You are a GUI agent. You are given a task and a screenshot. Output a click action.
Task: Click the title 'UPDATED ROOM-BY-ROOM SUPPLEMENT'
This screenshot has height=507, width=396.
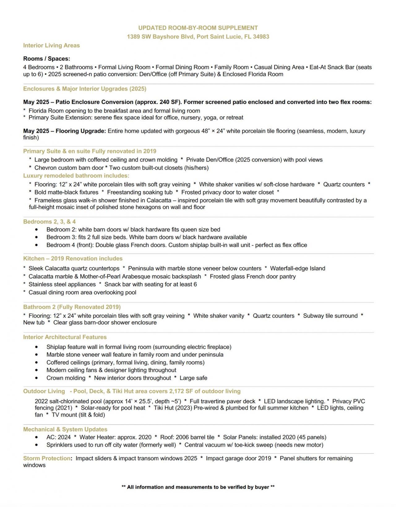(198, 28)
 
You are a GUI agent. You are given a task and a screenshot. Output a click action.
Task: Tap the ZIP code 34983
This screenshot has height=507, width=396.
(261, 37)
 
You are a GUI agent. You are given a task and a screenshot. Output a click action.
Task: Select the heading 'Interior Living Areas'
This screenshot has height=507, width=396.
(51, 45)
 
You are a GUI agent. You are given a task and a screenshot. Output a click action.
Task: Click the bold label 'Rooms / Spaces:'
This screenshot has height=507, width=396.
(47, 58)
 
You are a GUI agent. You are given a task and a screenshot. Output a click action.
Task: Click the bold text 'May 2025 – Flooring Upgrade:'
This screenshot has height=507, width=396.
(65, 131)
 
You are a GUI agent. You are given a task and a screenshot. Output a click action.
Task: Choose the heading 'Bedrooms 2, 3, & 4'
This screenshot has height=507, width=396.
(49, 222)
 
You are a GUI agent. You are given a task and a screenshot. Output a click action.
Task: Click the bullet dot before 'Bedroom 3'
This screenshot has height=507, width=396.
(37, 237)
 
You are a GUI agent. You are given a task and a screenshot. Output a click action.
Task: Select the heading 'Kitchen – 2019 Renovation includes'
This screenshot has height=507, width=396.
(73, 258)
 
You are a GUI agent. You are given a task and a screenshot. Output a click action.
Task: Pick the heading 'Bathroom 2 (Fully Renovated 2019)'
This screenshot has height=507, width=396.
(72, 307)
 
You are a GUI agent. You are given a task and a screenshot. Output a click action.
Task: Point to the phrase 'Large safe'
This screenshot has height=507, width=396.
(193, 378)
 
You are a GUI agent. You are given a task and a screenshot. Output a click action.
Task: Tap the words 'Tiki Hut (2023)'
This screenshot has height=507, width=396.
(173, 408)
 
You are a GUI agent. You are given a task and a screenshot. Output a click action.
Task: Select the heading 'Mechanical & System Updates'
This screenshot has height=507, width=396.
(65, 429)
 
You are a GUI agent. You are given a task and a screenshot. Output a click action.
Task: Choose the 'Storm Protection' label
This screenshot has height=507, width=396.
(47, 458)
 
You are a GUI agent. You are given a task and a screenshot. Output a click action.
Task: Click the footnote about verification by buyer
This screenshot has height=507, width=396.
(198, 487)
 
